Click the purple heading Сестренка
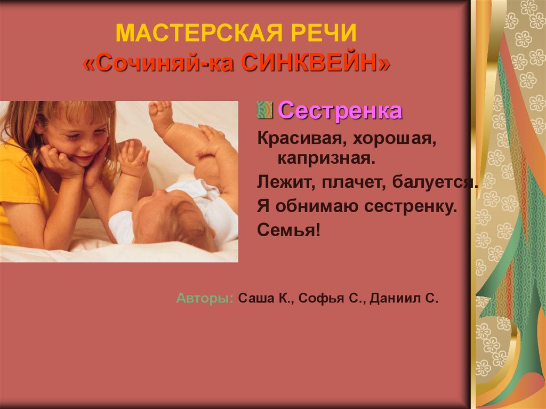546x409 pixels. pos(340,111)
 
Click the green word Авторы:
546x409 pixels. pos(205,298)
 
